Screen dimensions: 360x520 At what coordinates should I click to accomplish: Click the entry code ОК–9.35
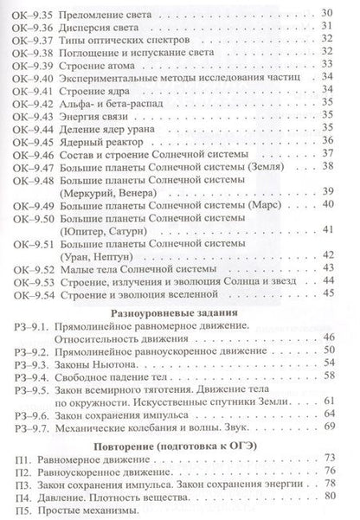point(27,12)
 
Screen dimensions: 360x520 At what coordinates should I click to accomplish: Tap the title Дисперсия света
point(100,27)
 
